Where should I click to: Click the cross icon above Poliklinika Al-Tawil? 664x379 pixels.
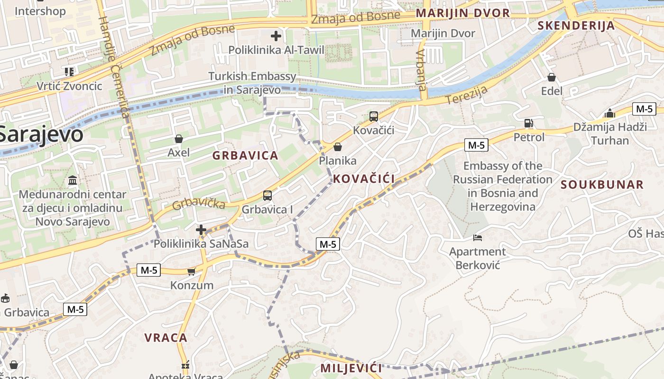coord(276,36)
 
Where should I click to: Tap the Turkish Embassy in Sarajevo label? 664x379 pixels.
coord(252,83)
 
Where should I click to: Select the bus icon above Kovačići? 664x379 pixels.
coord(374,117)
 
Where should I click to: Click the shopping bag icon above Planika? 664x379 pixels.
coord(338,147)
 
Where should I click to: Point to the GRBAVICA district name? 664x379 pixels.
coord(245,156)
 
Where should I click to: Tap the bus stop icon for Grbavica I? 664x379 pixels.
coord(267,195)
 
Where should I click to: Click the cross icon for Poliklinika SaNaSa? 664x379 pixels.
coord(201,230)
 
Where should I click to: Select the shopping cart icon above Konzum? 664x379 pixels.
coord(192,271)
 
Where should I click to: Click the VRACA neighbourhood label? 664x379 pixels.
coord(166,338)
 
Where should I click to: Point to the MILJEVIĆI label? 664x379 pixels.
coord(351,368)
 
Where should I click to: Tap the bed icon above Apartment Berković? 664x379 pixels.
coord(478,237)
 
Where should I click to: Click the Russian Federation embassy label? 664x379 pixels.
coord(503,186)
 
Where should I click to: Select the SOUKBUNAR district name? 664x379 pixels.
coord(602,185)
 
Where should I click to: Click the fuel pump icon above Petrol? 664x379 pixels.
coord(529,123)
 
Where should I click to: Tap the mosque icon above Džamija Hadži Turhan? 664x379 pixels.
coord(610,113)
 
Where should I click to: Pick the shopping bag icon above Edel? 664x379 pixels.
coord(552,77)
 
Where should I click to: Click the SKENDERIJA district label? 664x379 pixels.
coord(576,26)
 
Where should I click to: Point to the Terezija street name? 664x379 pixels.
coord(467,98)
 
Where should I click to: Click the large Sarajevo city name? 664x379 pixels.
coord(40,135)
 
